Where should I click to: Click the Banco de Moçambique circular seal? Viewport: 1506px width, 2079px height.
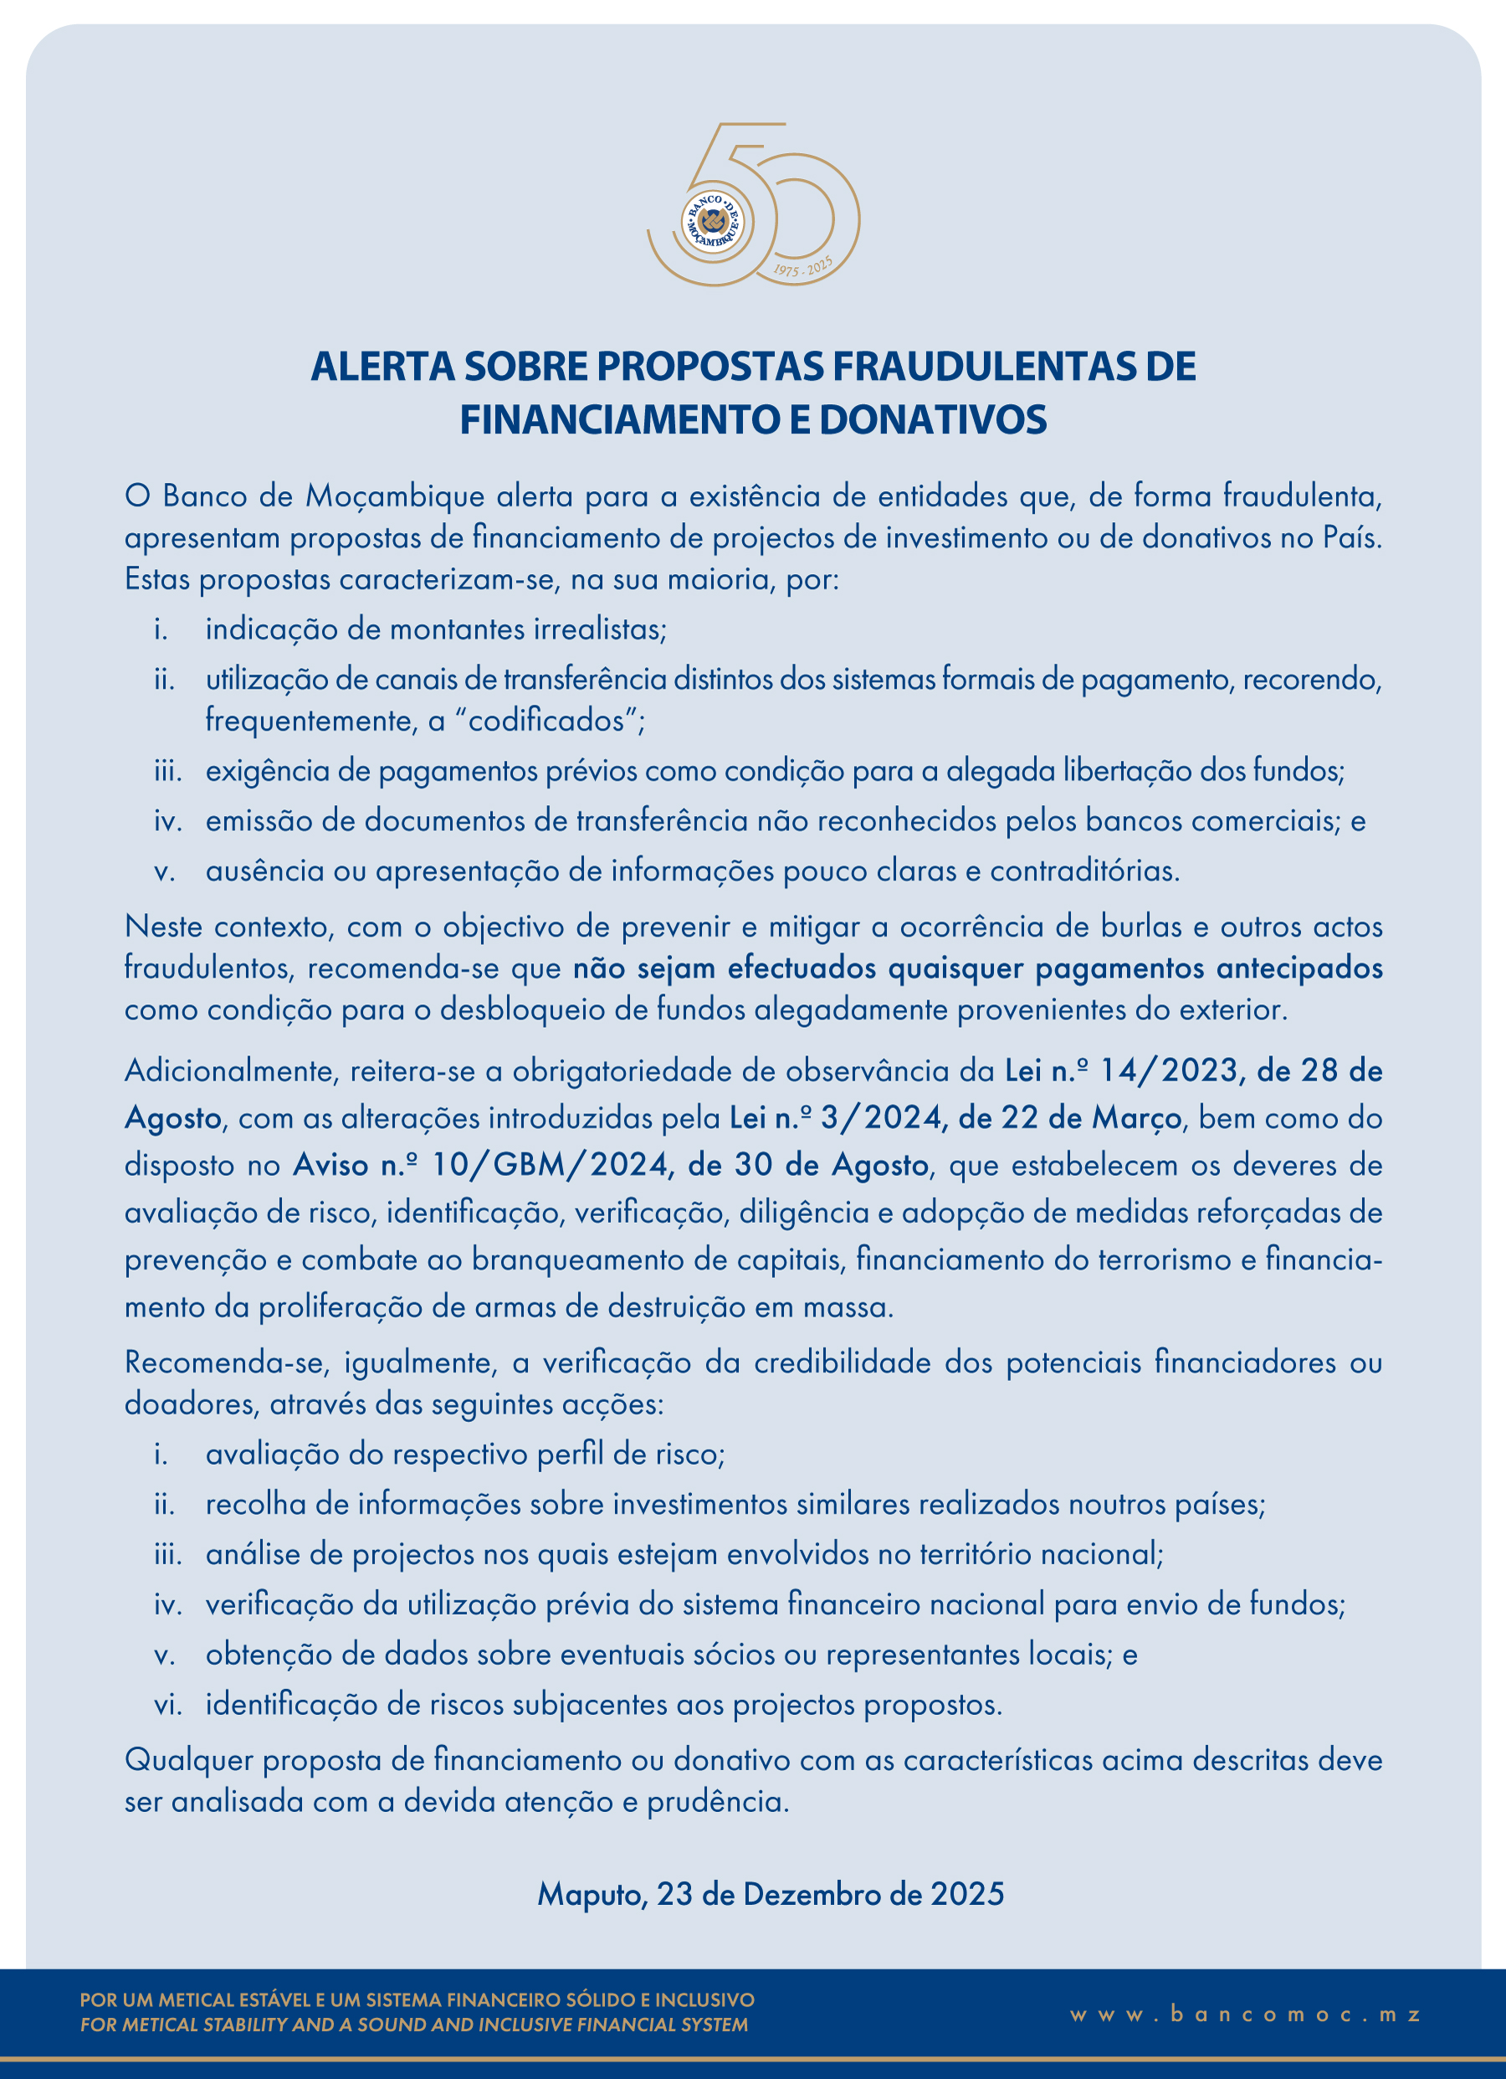[x=712, y=222]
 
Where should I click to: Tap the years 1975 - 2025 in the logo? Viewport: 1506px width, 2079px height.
[x=803, y=267]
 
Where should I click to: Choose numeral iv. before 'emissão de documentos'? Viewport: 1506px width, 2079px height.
[x=167, y=820]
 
